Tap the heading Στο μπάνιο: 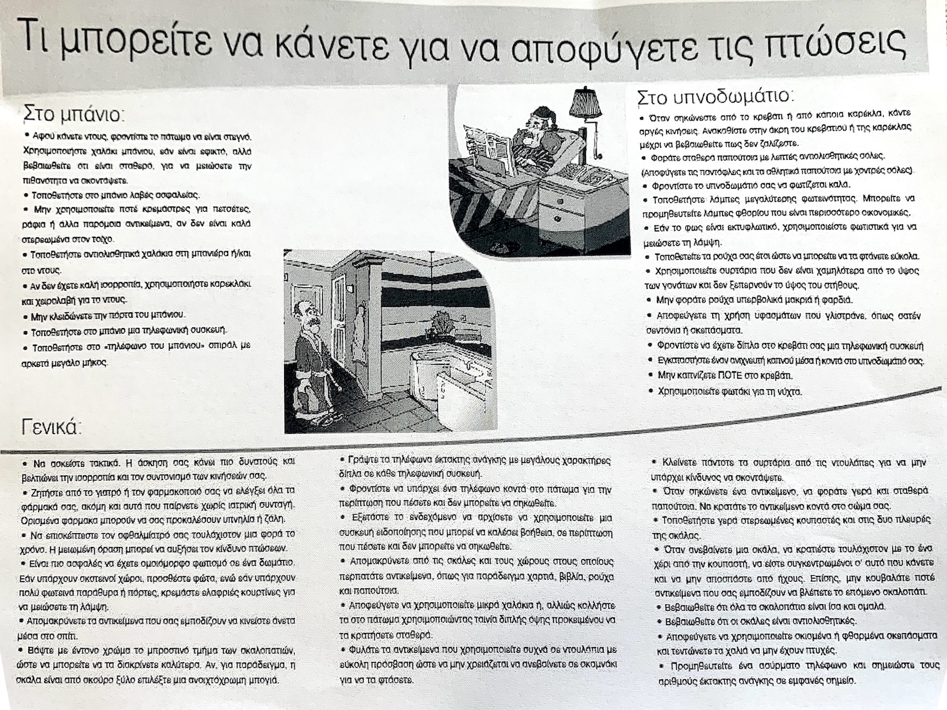click(x=73, y=114)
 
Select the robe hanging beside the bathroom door click(x=358, y=335)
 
